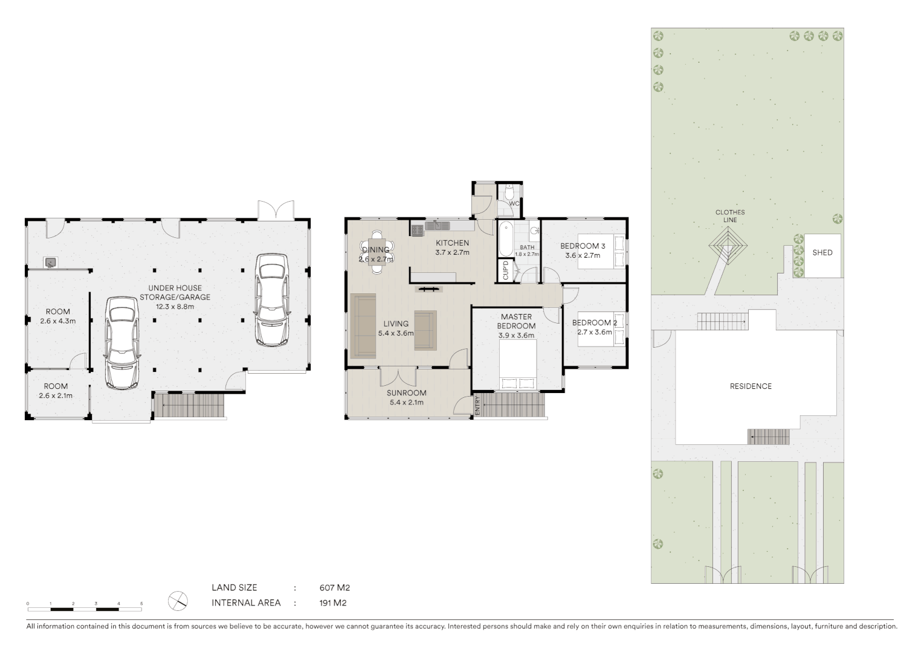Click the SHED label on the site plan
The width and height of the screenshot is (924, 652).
pos(822,253)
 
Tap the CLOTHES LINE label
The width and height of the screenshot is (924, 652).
pos(730,216)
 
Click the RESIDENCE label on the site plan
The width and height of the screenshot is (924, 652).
pos(751,386)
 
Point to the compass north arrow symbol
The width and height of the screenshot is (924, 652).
pos(178,600)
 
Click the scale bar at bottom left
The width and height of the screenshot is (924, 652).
pos(85,603)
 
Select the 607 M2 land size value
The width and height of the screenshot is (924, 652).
pos(335,587)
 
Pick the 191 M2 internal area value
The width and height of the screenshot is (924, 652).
pos(332,602)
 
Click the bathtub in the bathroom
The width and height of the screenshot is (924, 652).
pos(505,240)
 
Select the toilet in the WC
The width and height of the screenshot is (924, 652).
pos(509,192)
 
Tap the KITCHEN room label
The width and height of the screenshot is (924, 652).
pos(452,243)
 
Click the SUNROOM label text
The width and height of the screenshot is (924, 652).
pos(407,393)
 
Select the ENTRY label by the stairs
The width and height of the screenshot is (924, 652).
pos(477,404)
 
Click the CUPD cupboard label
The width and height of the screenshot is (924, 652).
pos(506,270)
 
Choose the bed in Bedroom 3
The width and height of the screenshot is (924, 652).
pos(601,251)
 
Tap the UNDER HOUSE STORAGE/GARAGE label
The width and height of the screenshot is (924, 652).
pos(175,293)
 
